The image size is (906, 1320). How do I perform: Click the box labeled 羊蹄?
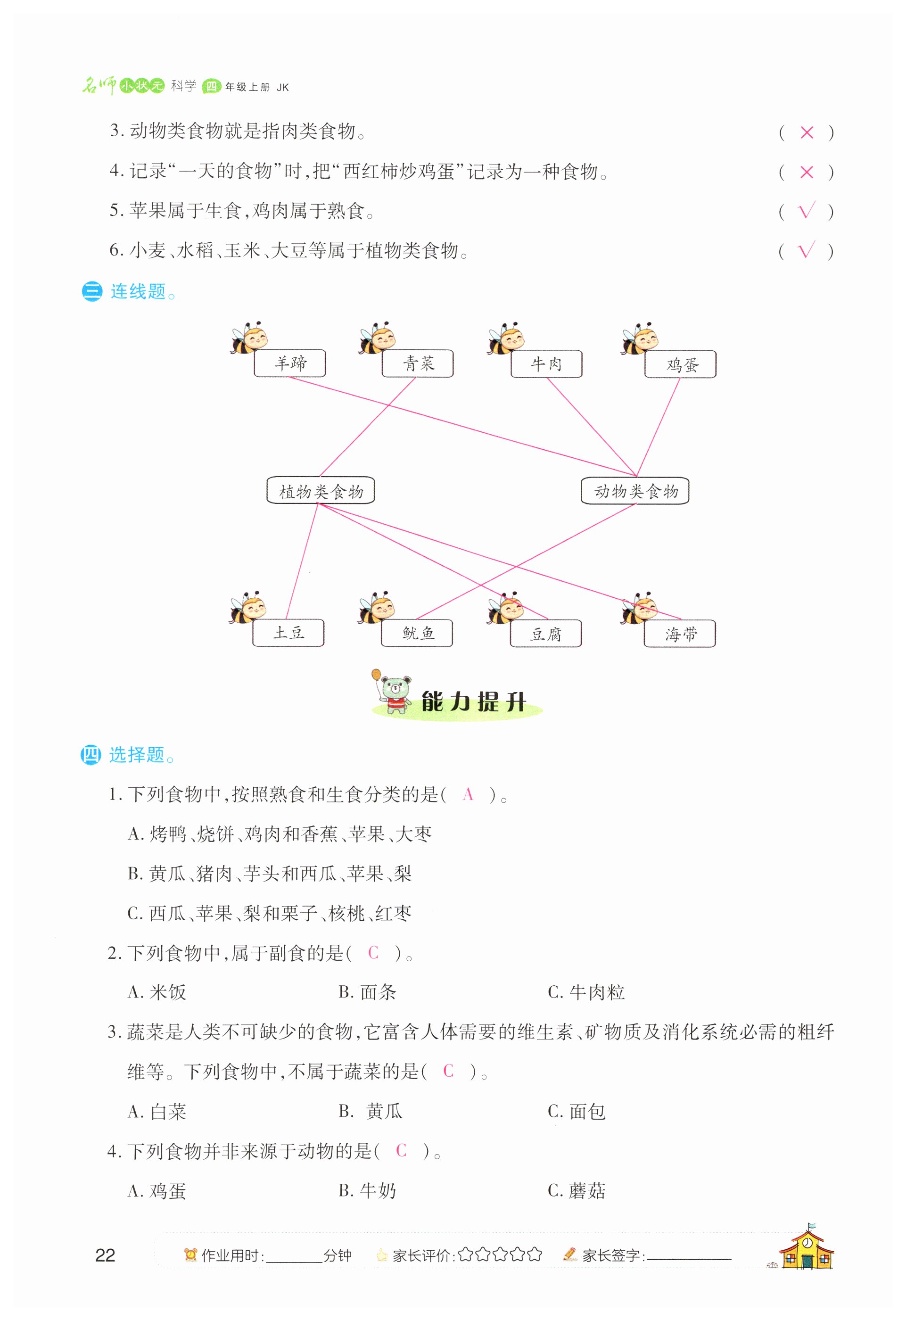(290, 363)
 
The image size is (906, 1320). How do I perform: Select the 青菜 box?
(418, 363)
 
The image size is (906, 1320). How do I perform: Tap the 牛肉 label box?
(546, 363)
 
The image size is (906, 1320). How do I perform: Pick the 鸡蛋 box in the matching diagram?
(681, 364)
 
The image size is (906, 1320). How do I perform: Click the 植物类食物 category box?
(321, 491)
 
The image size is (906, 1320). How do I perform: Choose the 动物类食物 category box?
(635, 491)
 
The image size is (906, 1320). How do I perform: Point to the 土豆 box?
(288, 633)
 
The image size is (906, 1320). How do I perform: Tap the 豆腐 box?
(546, 633)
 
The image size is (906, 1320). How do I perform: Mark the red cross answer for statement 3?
(807, 132)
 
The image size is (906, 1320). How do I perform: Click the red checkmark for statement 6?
(807, 250)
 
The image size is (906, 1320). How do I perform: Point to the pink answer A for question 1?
(468, 794)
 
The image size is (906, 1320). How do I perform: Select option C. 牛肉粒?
(586, 992)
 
